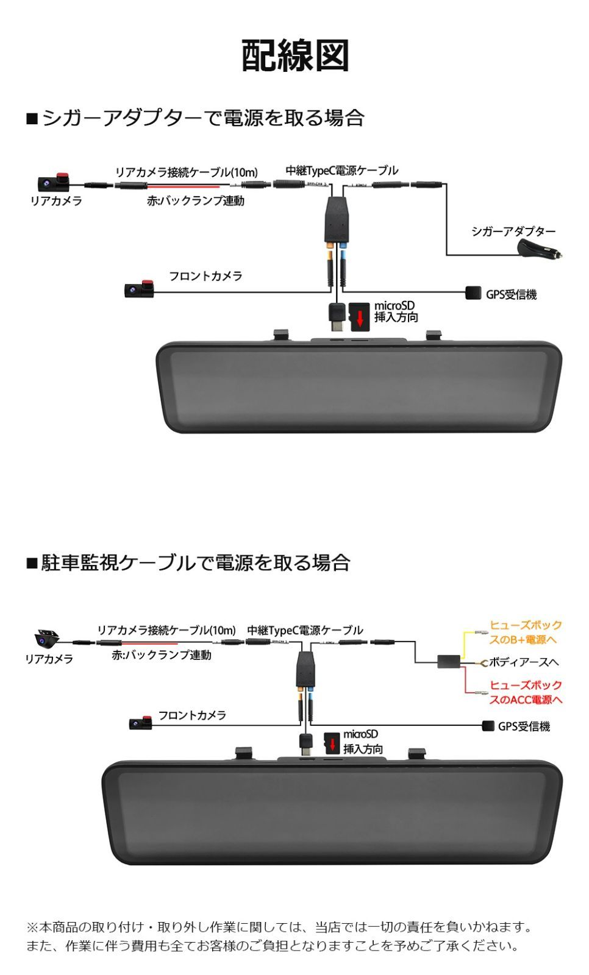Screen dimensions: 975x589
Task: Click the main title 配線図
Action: coord(295,56)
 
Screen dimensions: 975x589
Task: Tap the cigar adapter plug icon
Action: coord(540,250)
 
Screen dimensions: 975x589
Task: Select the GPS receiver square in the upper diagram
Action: coord(474,293)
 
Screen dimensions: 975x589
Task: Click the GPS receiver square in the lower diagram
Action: coord(488,726)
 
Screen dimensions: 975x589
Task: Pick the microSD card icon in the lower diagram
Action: coord(332,743)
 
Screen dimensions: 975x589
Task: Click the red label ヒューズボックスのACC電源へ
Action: coord(526,692)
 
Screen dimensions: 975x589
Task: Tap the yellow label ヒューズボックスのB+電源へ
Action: coord(526,633)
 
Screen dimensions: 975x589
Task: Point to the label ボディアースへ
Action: coord(524,662)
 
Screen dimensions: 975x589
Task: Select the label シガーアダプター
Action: coord(513,232)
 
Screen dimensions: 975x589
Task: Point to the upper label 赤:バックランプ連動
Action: coord(195,200)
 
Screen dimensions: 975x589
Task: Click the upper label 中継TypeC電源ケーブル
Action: coord(341,171)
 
